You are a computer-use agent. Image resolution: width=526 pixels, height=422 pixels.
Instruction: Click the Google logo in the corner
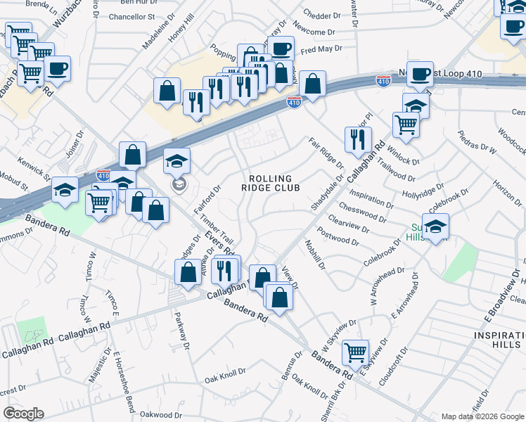23,414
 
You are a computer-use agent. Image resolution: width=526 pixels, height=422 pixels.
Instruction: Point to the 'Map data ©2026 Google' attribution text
482,416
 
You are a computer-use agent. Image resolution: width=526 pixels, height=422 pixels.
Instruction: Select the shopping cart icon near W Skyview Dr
356,351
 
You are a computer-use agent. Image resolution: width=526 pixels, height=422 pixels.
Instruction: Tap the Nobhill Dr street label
314,255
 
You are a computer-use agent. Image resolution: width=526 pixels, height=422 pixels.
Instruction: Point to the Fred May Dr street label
320,49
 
